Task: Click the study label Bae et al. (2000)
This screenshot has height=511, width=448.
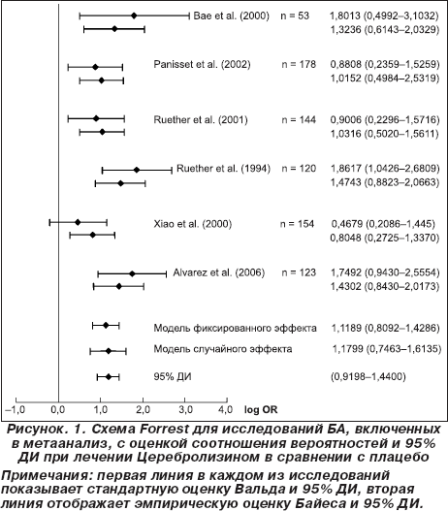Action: (232, 16)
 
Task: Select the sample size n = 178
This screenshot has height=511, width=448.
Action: (299, 64)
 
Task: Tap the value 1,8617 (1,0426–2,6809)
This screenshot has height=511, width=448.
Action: (385, 169)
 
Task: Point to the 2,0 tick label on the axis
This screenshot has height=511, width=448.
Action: (144, 409)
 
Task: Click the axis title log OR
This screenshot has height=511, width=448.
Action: (261, 409)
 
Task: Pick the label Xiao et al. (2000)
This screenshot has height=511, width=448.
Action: (193, 224)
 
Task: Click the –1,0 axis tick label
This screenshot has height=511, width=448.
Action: (15, 409)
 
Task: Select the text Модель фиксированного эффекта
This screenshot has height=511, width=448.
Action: (235, 328)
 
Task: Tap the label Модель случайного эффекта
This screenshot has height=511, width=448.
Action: (223, 349)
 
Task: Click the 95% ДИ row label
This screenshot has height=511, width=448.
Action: (173, 377)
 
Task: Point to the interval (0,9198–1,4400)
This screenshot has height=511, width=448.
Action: (368, 377)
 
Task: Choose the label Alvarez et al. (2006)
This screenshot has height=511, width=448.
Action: (218, 272)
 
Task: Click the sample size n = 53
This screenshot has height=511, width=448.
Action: (295, 16)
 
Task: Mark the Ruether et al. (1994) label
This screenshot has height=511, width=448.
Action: (223, 169)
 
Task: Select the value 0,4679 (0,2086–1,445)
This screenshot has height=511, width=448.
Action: (383, 224)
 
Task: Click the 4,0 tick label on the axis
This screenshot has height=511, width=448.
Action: (226, 409)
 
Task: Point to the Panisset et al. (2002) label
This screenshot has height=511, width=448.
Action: (202, 64)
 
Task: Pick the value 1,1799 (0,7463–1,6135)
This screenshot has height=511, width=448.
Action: (387, 349)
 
